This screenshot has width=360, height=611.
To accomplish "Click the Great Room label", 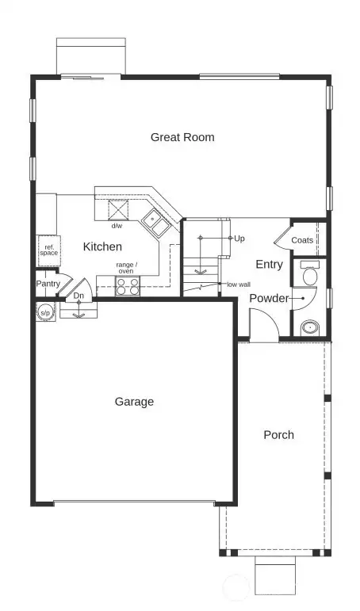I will click(x=182, y=137).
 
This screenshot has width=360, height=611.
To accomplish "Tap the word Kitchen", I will click(x=103, y=246).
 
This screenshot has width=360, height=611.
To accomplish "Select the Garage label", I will click(x=134, y=402).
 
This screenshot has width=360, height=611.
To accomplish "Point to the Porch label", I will click(x=278, y=434).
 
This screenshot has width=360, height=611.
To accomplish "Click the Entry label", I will click(x=270, y=264).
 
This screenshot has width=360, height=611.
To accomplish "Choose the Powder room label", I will click(x=270, y=298).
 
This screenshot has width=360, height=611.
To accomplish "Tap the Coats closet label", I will click(x=302, y=240).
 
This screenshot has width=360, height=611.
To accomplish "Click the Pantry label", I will click(x=48, y=284).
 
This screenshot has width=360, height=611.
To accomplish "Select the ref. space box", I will click(x=48, y=249).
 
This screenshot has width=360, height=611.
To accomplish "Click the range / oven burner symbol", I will click(x=128, y=286).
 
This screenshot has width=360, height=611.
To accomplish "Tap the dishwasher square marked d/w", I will click(x=119, y=211).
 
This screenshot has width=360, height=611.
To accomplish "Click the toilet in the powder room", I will click(x=310, y=274).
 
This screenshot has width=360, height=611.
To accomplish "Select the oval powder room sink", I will click(x=309, y=326).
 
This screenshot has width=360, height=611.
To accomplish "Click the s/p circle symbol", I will click(x=46, y=311).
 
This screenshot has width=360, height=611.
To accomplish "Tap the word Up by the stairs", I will click(x=239, y=238).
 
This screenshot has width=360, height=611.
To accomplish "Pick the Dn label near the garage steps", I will click(x=79, y=296).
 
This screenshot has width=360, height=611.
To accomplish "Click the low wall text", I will click(x=238, y=284).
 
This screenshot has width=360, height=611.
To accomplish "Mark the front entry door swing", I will click(x=261, y=323).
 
